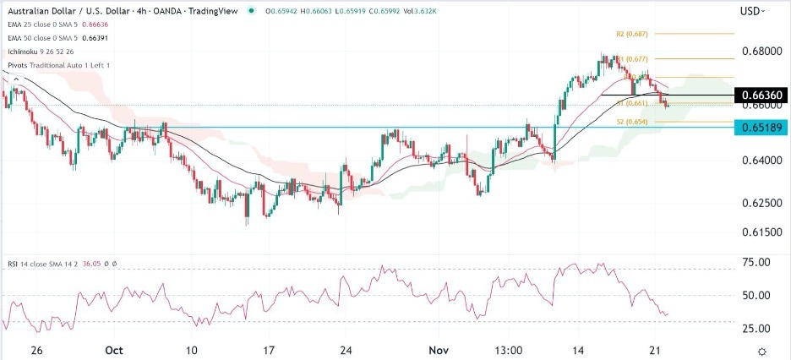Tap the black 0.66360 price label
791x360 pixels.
point(761,95)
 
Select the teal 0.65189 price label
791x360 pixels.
point(761,128)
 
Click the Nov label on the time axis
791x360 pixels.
point(437,350)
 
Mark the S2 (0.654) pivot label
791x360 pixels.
point(625,122)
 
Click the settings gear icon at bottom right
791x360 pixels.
point(762,351)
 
